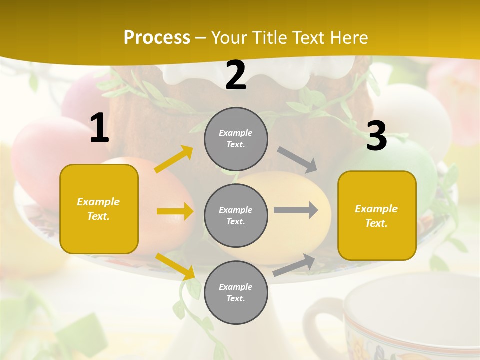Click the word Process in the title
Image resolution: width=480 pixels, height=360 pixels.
tap(157, 38)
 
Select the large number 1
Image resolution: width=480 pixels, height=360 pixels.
tap(99, 128)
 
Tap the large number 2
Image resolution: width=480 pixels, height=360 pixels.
tap(236, 75)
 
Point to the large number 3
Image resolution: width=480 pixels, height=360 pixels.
tap(376, 136)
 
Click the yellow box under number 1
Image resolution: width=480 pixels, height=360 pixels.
tap(99, 209)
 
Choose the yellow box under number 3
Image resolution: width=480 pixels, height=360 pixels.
tap(377, 215)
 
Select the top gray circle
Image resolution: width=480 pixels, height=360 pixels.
tap(236, 139)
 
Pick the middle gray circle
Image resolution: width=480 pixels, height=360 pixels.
tap(236, 215)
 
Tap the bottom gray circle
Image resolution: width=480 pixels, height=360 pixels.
tap(236, 292)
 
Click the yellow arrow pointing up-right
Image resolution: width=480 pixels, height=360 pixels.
tap(174, 159)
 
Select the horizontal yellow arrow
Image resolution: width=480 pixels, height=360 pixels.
tap(175, 211)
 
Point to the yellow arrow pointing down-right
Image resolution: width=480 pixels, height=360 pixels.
tap(175, 266)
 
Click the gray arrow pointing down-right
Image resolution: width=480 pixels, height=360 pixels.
tap(297, 159)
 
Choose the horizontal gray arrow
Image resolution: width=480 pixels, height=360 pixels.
tap(295, 210)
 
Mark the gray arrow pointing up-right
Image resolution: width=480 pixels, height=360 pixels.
tap(294, 265)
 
